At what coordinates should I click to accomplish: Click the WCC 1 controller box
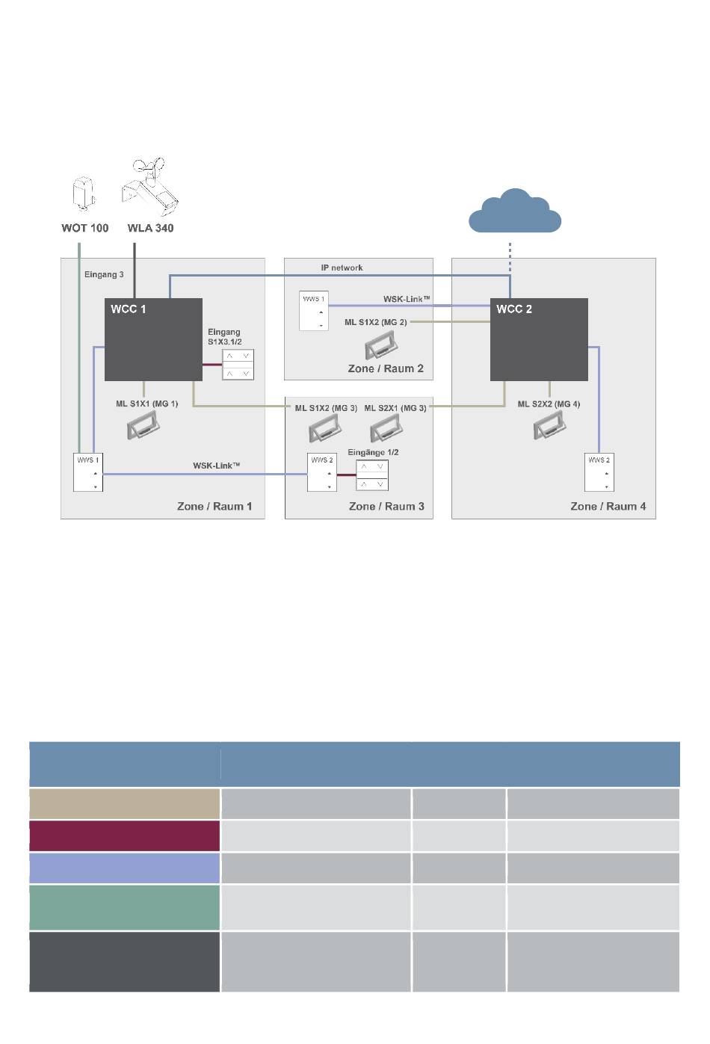click(x=153, y=339)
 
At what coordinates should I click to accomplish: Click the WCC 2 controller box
click(x=539, y=339)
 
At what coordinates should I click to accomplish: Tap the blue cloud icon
click(x=515, y=211)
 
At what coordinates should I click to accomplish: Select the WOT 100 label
click(x=85, y=228)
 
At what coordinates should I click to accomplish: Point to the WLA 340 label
click(x=150, y=228)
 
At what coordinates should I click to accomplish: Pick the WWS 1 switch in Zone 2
click(x=314, y=311)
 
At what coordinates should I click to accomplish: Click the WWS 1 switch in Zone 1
click(x=88, y=472)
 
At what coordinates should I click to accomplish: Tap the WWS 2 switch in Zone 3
click(x=322, y=472)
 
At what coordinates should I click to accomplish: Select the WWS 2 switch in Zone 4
click(x=599, y=472)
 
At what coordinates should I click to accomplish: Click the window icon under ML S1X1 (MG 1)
click(x=143, y=425)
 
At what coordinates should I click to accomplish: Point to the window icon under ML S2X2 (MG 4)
click(x=550, y=425)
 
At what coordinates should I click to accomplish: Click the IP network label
click(x=342, y=268)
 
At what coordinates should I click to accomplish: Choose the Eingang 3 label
click(x=104, y=274)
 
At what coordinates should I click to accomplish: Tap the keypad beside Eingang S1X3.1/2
click(x=238, y=365)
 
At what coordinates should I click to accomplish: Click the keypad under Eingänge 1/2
click(x=372, y=475)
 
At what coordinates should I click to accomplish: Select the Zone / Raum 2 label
click(x=386, y=368)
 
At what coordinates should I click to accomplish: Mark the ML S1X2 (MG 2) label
click(x=376, y=322)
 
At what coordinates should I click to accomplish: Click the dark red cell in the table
click(x=125, y=835)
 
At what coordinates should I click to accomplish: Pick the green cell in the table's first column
click(x=125, y=907)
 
